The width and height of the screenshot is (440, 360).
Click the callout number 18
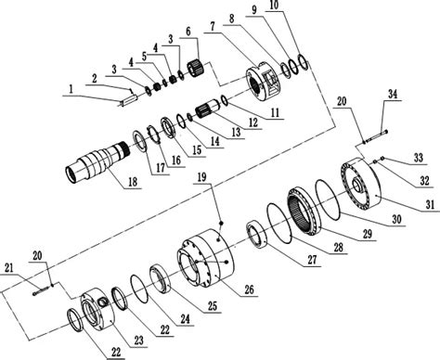click(x=133, y=182)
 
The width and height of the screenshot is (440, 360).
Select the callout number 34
click(x=393, y=94)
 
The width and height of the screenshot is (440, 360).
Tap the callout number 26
click(x=249, y=289)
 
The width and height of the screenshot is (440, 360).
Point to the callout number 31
click(x=430, y=204)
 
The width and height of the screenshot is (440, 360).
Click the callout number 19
click(x=201, y=177)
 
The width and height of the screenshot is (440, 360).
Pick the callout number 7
click(x=213, y=26)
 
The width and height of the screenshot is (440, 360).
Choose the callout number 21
click(x=9, y=268)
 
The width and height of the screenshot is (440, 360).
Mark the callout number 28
click(x=339, y=247)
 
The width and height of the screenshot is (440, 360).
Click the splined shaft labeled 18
click(x=97, y=162)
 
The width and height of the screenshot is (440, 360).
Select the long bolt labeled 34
click(x=375, y=136)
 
